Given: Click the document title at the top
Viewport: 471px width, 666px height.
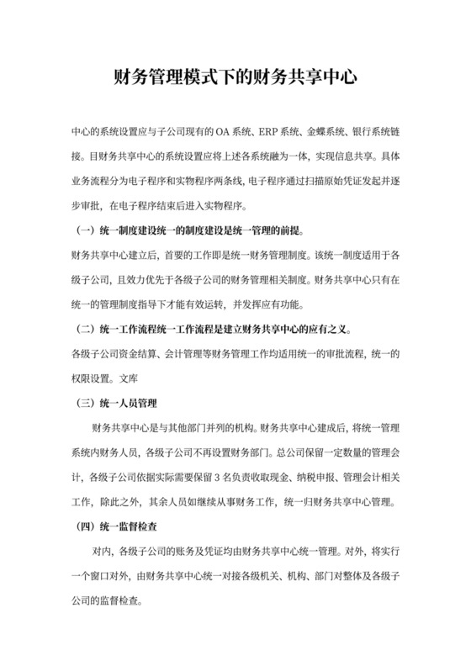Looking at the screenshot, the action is click(x=235, y=81).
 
